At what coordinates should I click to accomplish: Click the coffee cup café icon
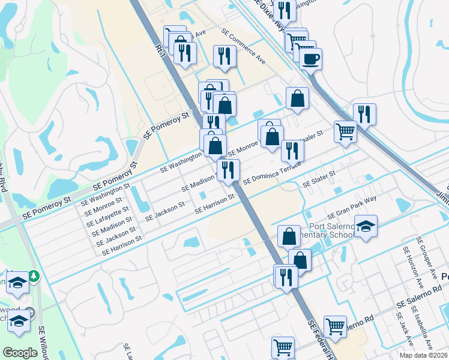pyautogui.click(x=310, y=59)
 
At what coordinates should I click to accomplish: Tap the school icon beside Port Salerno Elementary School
pyautogui.click(x=366, y=227)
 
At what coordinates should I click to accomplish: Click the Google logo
pyautogui.click(x=20, y=352)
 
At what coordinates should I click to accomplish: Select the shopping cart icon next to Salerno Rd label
pyautogui.click(x=335, y=326)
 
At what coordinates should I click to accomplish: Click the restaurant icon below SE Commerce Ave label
pyautogui.click(x=224, y=57)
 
